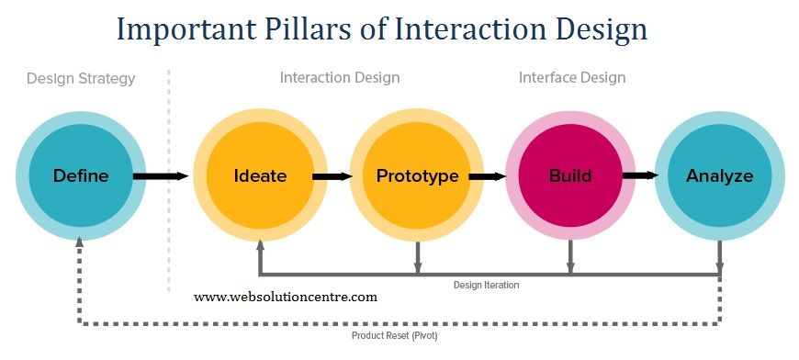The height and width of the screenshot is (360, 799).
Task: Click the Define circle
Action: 81,175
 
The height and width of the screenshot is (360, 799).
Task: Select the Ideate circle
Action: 259,175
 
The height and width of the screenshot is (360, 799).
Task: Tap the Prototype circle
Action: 417,175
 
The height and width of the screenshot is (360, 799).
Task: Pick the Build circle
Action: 570,175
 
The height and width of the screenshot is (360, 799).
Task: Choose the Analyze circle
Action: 719,175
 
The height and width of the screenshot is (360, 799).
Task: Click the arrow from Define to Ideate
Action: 161,175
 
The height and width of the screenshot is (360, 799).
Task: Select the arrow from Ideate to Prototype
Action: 332,175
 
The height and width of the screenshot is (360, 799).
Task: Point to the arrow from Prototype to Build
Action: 488,175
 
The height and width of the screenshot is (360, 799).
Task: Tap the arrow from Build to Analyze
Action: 640,175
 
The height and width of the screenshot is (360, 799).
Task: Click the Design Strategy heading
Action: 81,78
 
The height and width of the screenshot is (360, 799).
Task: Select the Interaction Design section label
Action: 340,78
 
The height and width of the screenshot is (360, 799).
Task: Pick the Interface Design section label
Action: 572,78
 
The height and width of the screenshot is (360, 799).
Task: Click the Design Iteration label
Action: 486,285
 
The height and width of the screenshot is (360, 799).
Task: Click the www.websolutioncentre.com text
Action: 286,297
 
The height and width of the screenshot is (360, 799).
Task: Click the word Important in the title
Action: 181,29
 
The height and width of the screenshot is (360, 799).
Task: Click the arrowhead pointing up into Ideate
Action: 260,245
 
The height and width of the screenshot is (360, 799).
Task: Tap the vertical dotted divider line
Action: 169,184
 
